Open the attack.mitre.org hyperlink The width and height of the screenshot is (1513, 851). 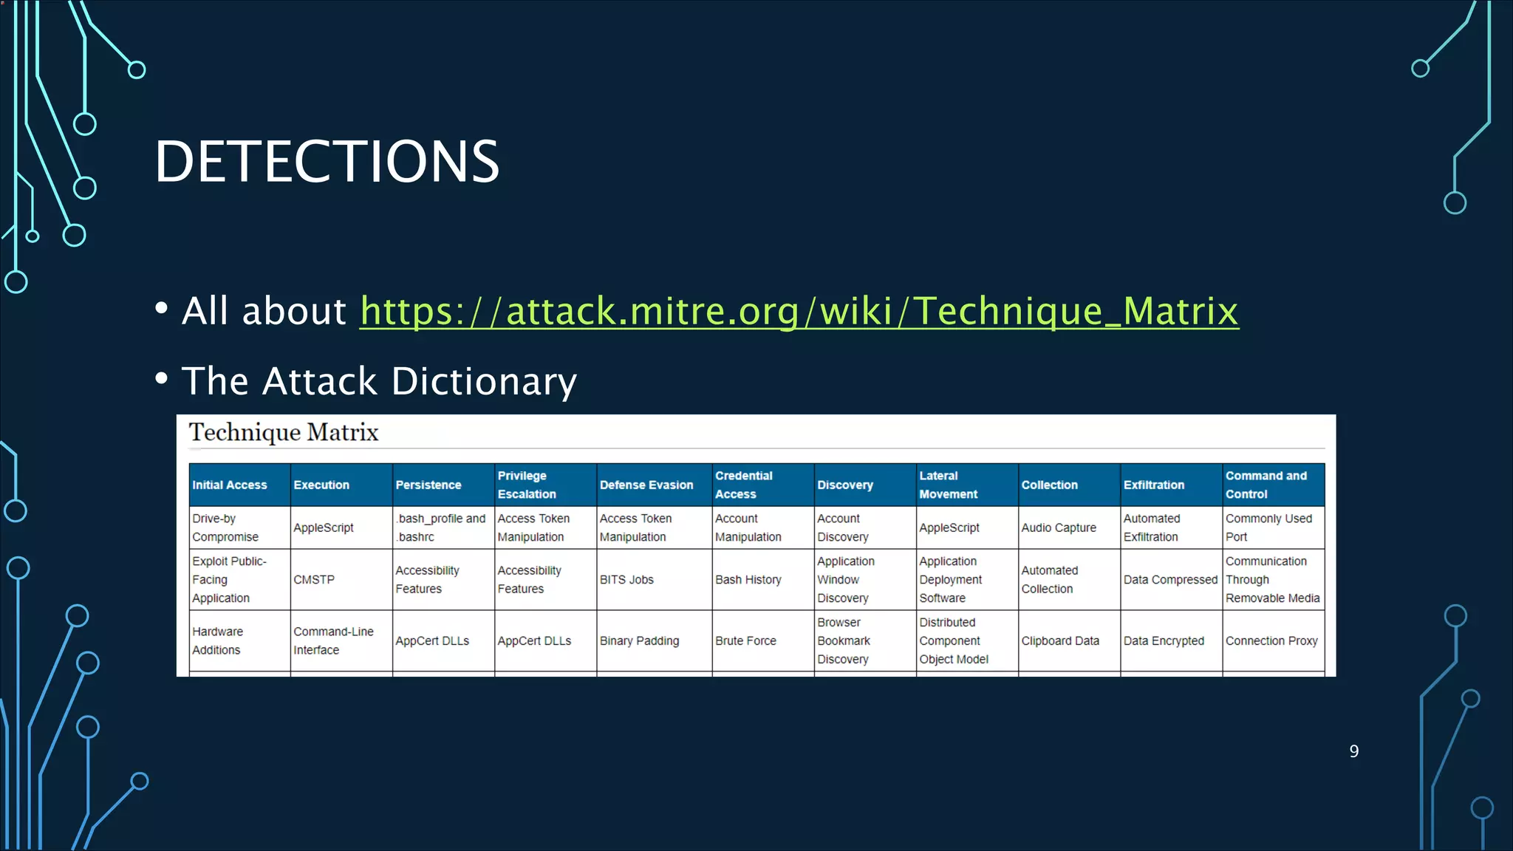click(x=799, y=311)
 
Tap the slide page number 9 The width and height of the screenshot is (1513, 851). click(x=1353, y=751)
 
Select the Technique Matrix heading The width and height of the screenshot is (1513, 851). click(x=284, y=432)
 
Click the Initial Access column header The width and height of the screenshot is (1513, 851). click(x=230, y=485)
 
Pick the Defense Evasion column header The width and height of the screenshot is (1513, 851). click(x=646, y=485)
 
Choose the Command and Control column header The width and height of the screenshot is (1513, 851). click(x=1266, y=485)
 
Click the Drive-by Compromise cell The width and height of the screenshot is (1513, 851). click(x=225, y=527)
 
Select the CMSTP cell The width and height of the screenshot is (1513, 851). click(x=314, y=580)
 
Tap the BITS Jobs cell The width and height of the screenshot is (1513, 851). click(x=626, y=580)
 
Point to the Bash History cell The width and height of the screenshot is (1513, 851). click(x=748, y=580)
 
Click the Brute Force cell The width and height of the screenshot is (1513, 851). click(x=745, y=641)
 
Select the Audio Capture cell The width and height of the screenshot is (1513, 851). click(x=1059, y=527)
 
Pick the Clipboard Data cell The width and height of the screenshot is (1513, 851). click(x=1060, y=641)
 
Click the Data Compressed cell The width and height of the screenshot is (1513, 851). click(x=1170, y=580)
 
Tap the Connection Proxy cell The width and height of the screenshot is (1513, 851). click(x=1271, y=641)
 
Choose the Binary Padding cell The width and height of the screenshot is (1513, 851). click(x=639, y=641)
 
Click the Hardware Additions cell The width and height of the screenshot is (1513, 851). click(x=217, y=640)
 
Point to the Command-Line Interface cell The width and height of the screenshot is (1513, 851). click(x=333, y=640)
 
